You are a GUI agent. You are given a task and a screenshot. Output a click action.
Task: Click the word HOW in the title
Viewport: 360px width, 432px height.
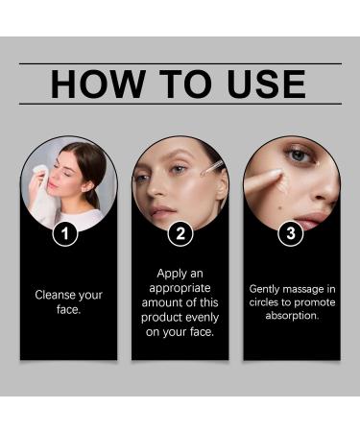pyautogui.click(x=94, y=84)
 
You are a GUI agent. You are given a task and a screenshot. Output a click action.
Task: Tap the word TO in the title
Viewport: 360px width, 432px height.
pyautogui.click(x=181, y=84)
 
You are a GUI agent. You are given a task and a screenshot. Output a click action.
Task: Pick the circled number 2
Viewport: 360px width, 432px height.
pyautogui.click(x=180, y=233)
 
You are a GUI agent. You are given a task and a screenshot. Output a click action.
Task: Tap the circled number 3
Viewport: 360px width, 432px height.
pyautogui.click(x=291, y=233)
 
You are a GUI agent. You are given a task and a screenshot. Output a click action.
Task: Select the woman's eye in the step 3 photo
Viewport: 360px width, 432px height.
pyautogui.click(x=300, y=156)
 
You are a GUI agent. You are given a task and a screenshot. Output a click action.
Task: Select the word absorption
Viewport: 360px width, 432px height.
pyautogui.click(x=291, y=315)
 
